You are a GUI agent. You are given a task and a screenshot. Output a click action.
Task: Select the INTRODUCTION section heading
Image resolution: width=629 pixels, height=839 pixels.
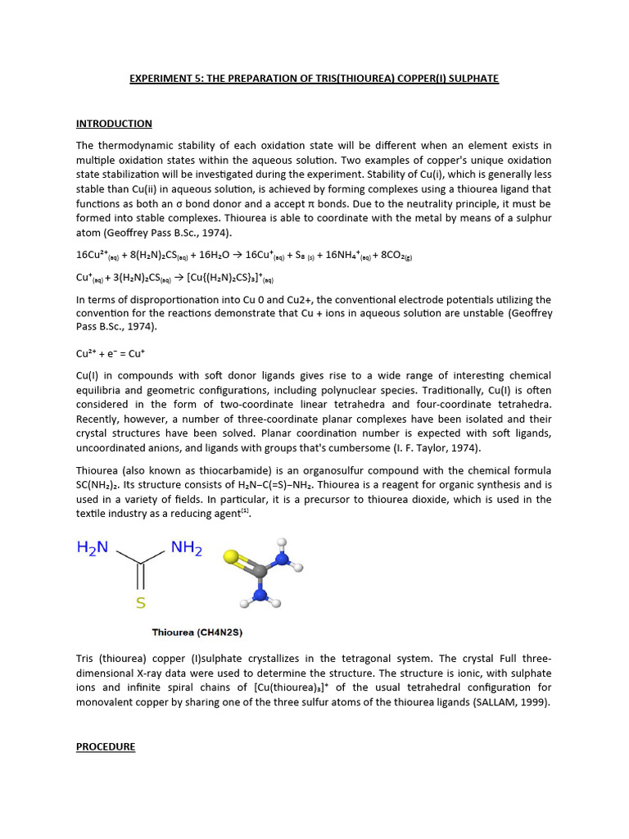coord(114,124)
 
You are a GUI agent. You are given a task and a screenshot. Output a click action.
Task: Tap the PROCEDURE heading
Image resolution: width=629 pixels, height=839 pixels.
coord(106,747)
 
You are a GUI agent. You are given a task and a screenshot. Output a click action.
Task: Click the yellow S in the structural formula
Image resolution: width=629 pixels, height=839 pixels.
coord(141,604)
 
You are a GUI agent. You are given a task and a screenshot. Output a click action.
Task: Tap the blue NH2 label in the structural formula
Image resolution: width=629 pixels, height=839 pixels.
coord(186,547)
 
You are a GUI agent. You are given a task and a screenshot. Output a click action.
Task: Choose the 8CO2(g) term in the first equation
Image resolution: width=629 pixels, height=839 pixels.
coord(394,255)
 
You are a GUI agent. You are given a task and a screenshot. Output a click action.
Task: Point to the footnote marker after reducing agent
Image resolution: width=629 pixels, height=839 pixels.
coord(244,512)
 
